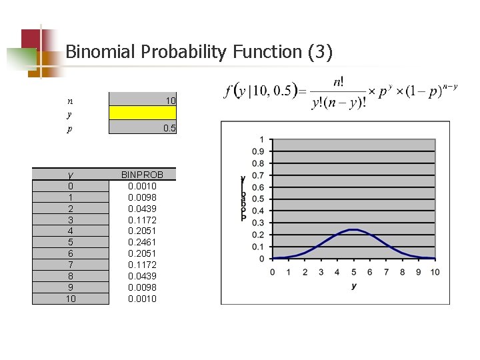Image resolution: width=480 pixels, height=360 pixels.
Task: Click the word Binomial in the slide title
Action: point(98,52)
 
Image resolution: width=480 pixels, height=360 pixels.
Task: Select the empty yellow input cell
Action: point(142,113)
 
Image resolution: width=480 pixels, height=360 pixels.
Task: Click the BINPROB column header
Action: point(142,175)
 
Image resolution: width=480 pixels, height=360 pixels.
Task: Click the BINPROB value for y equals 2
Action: point(142,209)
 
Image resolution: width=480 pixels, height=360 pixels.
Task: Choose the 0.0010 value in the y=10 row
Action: point(142,299)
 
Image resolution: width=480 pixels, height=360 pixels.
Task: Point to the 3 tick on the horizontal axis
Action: point(321,272)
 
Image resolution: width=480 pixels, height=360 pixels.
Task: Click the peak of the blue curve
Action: point(354,230)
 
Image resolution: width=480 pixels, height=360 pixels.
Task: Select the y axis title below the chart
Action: point(354,286)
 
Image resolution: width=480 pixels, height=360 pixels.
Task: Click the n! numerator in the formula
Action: point(339,82)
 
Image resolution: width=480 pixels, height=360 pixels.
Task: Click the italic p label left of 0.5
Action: point(70,129)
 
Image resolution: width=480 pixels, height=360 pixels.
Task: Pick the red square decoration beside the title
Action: point(31,39)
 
